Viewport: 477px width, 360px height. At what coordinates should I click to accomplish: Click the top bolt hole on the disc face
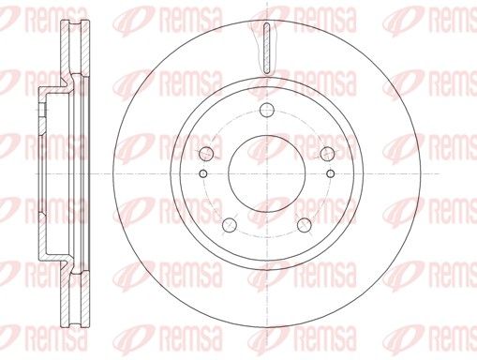pos(267,110)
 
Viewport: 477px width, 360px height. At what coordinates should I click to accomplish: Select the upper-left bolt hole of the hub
pos(206,154)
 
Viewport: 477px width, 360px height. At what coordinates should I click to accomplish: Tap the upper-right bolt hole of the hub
pos(327,154)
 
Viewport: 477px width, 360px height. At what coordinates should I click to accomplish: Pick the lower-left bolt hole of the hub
pos(230,225)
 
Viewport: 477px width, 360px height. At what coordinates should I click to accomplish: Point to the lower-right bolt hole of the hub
pos(305,225)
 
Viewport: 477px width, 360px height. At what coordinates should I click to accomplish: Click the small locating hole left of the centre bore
pos(203,173)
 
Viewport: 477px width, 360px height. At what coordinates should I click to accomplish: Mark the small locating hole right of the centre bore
pos(330,173)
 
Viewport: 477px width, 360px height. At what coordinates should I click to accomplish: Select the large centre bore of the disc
pos(267,173)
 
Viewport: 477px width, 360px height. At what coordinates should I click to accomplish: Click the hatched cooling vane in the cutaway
pos(266,49)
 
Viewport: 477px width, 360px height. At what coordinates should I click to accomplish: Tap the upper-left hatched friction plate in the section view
pos(65,50)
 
